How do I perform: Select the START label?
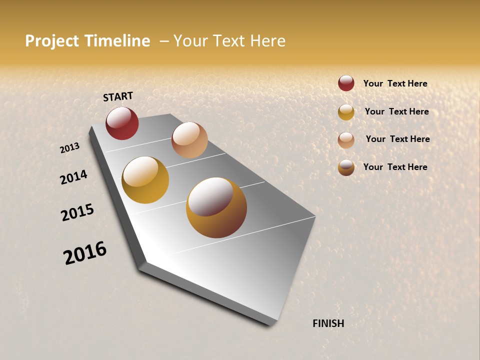118,96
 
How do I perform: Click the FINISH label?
328,323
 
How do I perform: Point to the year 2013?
70,148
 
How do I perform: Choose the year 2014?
74,177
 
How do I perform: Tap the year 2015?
77,212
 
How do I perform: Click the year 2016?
85,252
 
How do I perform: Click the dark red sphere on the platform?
122,123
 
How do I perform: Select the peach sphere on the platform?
189,140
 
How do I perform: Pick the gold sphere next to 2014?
145,180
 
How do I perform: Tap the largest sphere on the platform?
216,207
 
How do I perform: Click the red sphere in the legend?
346,83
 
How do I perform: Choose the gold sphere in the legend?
346,112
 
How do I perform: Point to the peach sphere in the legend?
346,140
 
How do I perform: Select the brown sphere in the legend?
346,167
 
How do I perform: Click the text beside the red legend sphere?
395,83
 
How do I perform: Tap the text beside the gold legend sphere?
396,111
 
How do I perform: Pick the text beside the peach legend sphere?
397,139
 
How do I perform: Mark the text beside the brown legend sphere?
395,167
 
